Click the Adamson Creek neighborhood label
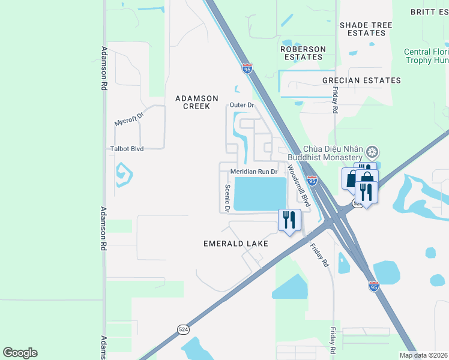192,102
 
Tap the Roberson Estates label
303,53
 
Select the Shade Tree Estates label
366,29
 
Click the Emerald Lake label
235,244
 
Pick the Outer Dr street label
243,106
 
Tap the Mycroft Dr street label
130,120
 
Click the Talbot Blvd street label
127,149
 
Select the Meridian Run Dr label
254,172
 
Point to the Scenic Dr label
228,197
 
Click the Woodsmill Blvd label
298,186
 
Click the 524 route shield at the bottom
182,329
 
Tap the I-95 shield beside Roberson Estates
247,68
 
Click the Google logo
20,353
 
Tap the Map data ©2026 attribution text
423,355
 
